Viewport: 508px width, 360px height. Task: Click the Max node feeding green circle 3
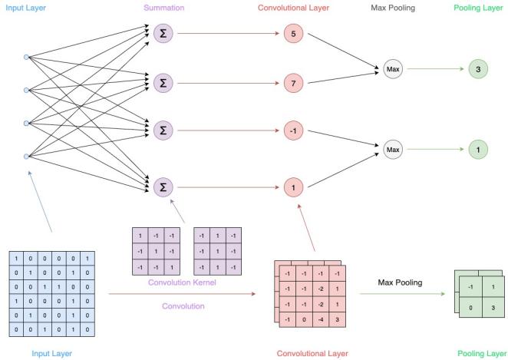(392, 70)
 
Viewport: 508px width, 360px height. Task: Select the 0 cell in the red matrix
(305, 319)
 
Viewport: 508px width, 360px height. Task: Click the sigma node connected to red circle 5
(162, 33)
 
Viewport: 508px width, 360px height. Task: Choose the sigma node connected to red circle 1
(162, 186)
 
